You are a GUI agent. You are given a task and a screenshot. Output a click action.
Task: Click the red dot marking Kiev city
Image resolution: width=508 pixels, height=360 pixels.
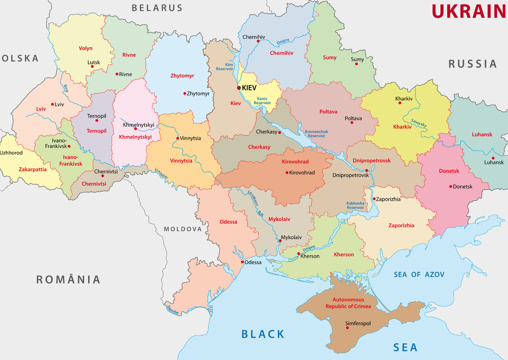coord(239,88)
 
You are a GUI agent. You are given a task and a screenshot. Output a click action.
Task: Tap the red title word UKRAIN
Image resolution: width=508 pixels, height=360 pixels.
coord(468,11)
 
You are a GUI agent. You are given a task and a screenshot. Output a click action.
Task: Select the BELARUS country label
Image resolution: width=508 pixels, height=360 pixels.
coord(157,8)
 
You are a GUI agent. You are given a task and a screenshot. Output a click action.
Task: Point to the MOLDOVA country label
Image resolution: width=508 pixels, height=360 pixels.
coord(183,229)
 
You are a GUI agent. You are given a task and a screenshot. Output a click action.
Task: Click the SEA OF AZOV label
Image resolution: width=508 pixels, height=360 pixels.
coord(419,275)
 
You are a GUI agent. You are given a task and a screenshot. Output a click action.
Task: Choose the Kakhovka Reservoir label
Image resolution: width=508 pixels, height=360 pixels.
coord(355,205)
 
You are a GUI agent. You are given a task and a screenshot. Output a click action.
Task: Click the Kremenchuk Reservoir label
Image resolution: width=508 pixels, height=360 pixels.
coord(316,133)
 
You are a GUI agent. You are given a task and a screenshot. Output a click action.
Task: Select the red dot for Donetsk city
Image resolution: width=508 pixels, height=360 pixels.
coord(450,187)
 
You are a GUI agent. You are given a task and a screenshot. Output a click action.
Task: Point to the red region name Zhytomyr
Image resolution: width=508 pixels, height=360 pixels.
coord(182,76)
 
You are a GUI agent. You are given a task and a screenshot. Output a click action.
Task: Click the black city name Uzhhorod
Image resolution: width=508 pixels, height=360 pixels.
coord(11,152)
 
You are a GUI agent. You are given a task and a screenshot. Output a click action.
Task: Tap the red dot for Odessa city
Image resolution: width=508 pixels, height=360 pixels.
coord(242,262)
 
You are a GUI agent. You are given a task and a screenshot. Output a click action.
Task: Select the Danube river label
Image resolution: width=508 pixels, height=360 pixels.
coord(172,311)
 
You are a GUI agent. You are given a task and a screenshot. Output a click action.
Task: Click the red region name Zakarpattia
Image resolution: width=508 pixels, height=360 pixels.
coord(33,169)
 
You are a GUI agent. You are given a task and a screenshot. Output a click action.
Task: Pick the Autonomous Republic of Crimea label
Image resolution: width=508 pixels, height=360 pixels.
coord(348,303)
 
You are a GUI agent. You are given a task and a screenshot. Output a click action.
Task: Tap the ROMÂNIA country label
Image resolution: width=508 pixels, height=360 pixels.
coord(68,280)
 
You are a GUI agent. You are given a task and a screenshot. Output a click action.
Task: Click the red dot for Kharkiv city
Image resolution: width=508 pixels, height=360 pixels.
coord(400,103)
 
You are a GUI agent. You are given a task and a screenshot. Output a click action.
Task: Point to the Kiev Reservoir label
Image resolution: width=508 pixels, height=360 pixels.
coord(224,67)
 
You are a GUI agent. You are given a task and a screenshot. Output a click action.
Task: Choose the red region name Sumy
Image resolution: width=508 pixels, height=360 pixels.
coord(329,58)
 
